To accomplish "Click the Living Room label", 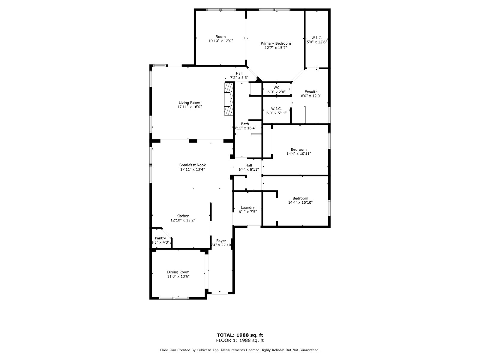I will (x=189, y=103).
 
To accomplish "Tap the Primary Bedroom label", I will (x=275, y=43).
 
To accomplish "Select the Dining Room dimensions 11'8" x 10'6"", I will (x=178, y=277).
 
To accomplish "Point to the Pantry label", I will (x=160, y=238).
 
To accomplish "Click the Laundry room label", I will (x=247, y=207).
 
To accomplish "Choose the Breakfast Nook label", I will (x=192, y=165).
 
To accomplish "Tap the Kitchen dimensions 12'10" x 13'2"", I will (x=183, y=220).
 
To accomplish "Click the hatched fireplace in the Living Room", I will (x=228, y=99).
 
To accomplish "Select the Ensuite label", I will (x=311, y=92).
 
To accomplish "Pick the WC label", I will (x=276, y=88).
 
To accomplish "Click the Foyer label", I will (x=221, y=241).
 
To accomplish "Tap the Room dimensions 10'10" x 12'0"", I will (x=220, y=41).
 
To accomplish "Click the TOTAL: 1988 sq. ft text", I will (x=240, y=335).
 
